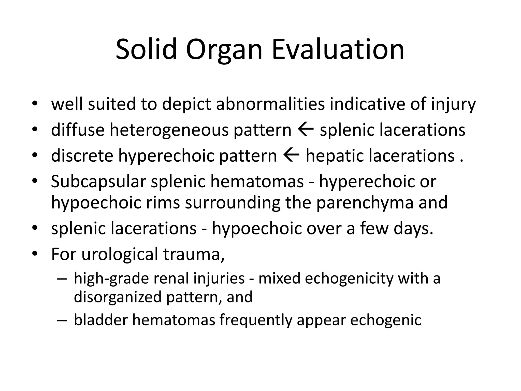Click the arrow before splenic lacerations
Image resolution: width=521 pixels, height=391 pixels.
[306, 130]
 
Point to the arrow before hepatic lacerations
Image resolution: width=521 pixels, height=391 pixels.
[291, 156]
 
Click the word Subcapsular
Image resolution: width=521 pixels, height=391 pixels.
[98, 182]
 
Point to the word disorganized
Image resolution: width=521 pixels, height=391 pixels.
[118, 297]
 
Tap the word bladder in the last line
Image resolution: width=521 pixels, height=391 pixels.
[100, 320]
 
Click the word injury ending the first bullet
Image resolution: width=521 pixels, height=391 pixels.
[453, 104]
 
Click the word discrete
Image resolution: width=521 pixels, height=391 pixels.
[82, 156]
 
